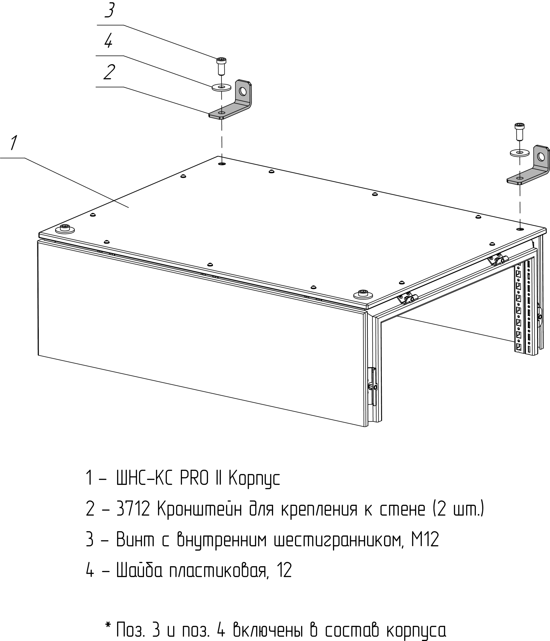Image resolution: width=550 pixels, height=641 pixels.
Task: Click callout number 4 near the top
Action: click(108, 41)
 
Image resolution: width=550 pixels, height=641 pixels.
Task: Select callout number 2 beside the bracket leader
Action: click(109, 72)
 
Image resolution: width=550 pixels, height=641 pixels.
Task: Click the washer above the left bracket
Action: click(221, 87)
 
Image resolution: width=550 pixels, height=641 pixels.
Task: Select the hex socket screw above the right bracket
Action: click(519, 131)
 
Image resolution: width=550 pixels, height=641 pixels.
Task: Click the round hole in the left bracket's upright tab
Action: click(243, 91)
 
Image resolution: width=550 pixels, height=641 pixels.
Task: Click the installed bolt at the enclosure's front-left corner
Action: click(65, 228)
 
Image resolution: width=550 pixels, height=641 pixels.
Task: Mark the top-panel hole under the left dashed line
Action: click(222, 164)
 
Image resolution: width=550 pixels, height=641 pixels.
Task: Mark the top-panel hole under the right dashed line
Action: click(520, 229)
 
